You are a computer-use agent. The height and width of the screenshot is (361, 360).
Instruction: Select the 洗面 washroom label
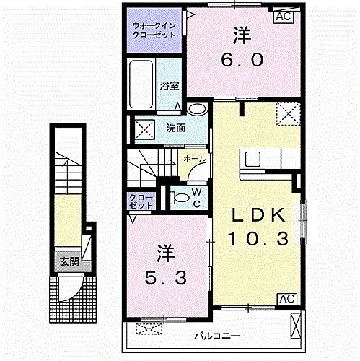(175, 129)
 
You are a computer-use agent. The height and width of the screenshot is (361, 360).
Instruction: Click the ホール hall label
(195, 159)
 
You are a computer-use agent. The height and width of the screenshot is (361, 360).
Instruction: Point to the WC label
(196, 196)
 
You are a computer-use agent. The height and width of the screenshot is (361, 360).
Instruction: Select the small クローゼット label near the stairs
(141, 201)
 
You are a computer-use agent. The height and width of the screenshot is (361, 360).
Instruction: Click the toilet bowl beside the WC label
(180, 196)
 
